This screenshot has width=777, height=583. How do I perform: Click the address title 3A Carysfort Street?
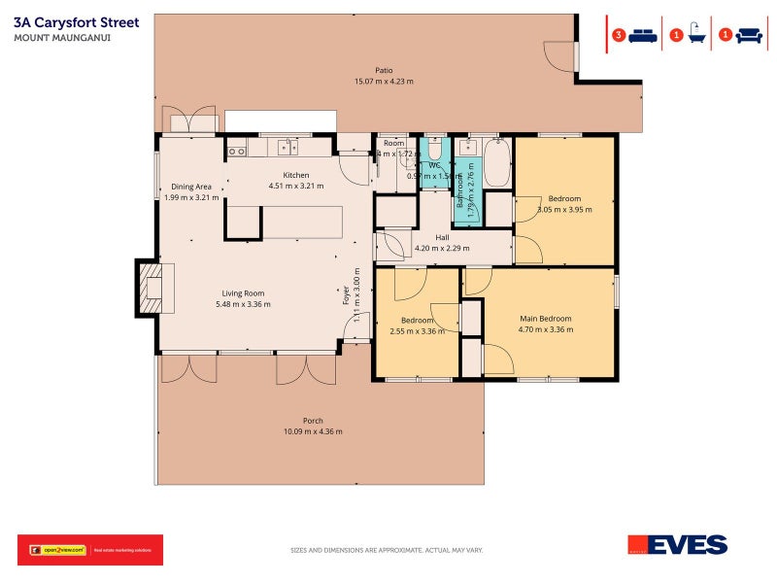77,21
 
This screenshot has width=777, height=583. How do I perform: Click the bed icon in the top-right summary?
643,36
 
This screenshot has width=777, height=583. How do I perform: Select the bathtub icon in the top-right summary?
697,36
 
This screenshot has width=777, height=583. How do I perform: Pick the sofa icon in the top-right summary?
748,36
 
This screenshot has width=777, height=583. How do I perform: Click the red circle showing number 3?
619,36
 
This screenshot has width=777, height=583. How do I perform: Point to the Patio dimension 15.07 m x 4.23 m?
384,82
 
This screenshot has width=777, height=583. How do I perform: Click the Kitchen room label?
295,175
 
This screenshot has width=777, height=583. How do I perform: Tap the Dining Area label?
191,187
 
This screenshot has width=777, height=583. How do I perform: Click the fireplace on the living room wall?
151,289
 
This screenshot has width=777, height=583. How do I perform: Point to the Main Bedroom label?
545,319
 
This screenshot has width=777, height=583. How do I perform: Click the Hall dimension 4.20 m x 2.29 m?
442,248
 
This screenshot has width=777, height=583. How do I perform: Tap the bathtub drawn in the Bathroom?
496,163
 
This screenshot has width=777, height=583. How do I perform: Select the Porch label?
313,421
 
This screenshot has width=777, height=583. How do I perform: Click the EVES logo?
678,546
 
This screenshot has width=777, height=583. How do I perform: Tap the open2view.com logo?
58,550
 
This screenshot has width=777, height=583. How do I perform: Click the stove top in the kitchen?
236,151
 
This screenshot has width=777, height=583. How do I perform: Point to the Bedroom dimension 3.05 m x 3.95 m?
563,209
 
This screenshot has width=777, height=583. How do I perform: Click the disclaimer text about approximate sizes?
387,551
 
